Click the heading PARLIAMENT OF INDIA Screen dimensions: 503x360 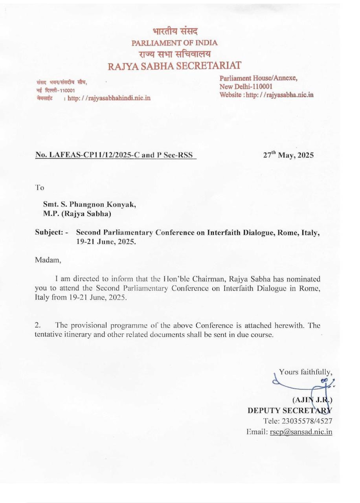[174, 43]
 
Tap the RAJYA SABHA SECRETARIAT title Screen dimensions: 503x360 [174, 66]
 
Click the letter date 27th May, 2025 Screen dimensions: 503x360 [288, 155]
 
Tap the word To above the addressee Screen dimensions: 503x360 [40, 187]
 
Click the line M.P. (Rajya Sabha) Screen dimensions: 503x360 [77, 214]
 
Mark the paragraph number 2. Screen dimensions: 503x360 [38, 325]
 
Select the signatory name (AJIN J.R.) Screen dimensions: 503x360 [312, 400]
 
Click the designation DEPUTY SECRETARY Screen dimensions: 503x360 [290, 411]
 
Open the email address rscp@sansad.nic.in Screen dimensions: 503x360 [301, 432]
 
